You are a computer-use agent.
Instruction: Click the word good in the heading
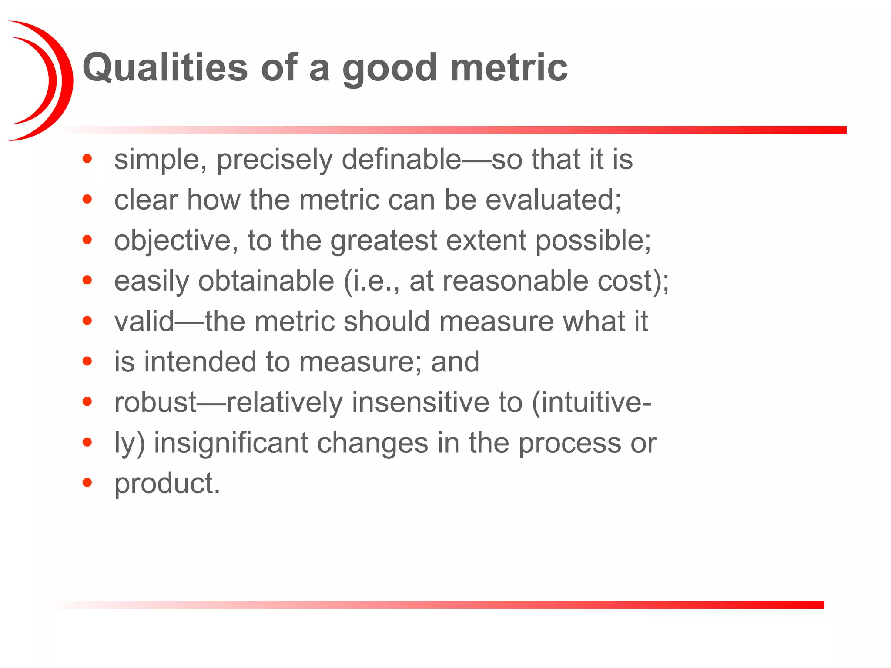[x=389, y=70]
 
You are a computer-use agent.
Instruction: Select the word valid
[x=144, y=321]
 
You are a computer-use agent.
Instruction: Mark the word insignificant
[x=231, y=443]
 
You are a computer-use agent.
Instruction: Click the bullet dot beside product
[x=87, y=482]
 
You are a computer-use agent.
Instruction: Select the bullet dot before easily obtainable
[x=87, y=280]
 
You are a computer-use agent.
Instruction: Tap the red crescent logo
[x=44, y=81]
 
